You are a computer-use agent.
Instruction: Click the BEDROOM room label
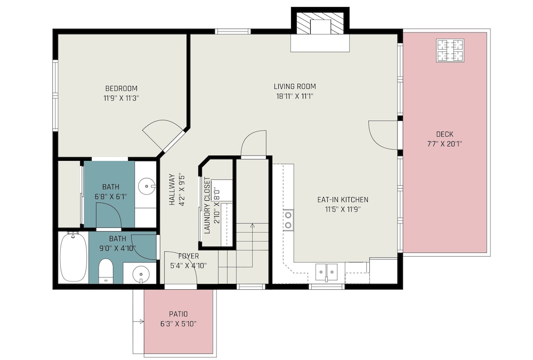pyautogui.click(x=122, y=88)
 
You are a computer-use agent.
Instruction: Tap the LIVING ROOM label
pyautogui.click(x=295, y=86)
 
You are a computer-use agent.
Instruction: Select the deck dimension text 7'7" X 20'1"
pyautogui.click(x=445, y=144)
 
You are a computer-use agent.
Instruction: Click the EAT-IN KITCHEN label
pyautogui.click(x=343, y=200)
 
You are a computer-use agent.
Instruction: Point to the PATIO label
pyautogui.click(x=179, y=314)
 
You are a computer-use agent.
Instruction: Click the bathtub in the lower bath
pyautogui.click(x=74, y=257)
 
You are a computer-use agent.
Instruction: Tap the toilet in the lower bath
pyautogui.click(x=106, y=271)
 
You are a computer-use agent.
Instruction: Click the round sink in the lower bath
pyautogui.click(x=140, y=273)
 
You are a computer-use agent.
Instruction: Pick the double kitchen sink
pyautogui.click(x=326, y=272)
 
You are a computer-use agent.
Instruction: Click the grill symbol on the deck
pyautogui.click(x=450, y=51)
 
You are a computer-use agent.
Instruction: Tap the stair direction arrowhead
pyautogui.click(x=252, y=225)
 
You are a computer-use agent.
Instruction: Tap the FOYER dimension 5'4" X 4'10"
pyautogui.click(x=189, y=266)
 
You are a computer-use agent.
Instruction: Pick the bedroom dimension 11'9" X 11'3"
pyautogui.click(x=122, y=99)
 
